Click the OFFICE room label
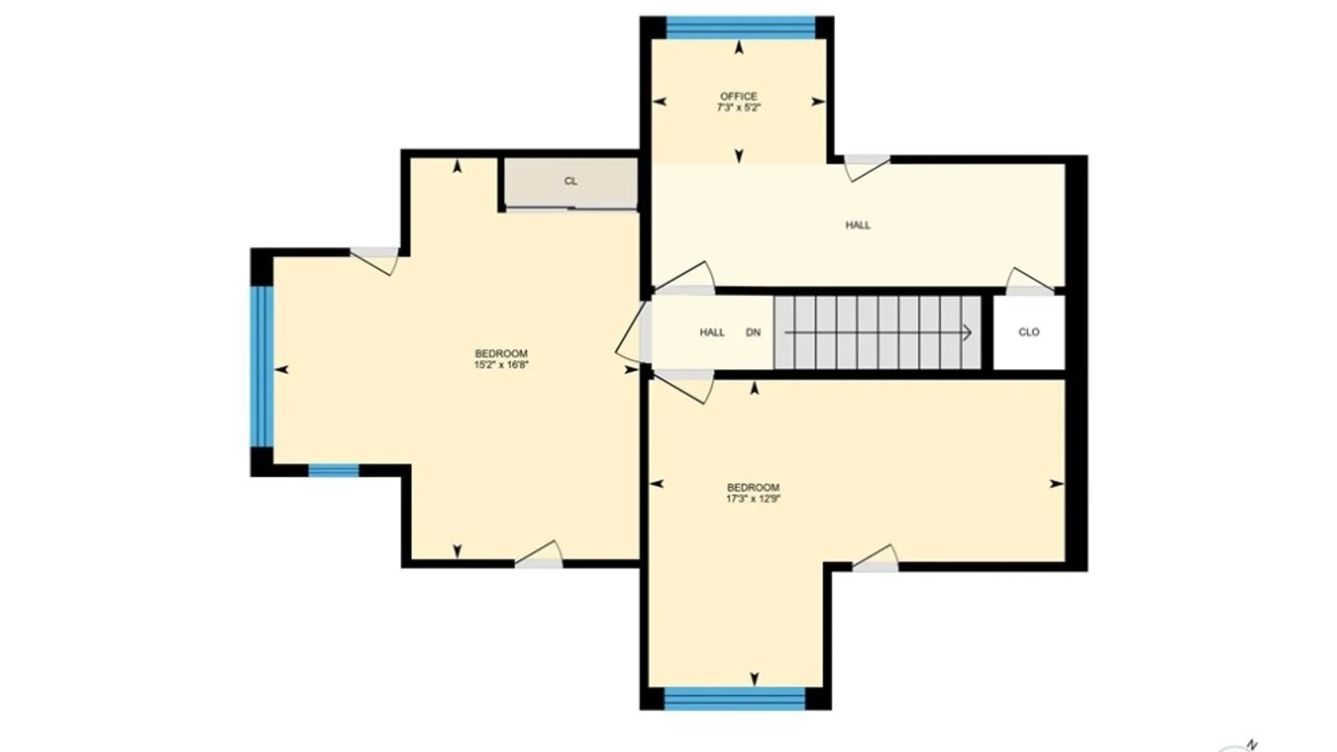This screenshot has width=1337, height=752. [738, 96]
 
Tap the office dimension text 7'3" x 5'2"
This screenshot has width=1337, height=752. [738, 108]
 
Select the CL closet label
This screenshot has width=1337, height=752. [570, 181]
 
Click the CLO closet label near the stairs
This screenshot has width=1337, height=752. [1029, 332]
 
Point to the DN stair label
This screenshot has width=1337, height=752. [753, 333]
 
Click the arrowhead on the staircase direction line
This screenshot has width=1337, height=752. [967, 333]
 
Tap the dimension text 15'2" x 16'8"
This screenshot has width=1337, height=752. [501, 364]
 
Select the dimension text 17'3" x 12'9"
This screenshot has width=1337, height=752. [753, 499]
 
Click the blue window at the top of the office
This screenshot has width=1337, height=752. [740, 27]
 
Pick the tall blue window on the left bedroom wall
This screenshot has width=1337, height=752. [262, 366]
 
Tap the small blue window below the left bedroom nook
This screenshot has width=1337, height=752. [334, 471]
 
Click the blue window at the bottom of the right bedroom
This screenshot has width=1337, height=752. [735, 698]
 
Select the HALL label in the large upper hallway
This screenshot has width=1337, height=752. [857, 225]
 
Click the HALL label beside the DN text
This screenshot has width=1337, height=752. [712, 333]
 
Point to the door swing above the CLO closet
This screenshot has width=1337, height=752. [1029, 281]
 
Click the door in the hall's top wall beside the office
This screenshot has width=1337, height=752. [866, 168]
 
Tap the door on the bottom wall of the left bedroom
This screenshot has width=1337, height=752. [539, 555]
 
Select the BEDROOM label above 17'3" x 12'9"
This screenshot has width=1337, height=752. [753, 487]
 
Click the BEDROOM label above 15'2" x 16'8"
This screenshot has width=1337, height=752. [501, 353]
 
